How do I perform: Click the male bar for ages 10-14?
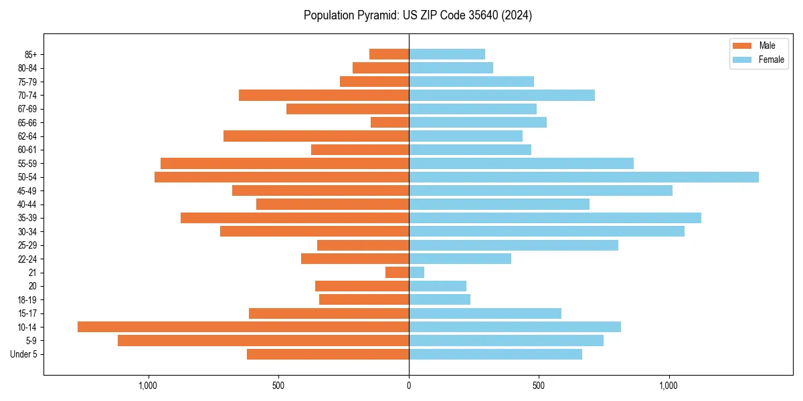click(x=243, y=327)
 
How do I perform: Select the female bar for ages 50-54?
click(x=584, y=177)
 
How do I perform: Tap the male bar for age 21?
click(x=397, y=272)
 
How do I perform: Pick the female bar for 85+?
click(x=447, y=54)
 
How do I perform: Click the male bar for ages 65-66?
click(x=389, y=122)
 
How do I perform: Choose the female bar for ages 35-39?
click(x=555, y=218)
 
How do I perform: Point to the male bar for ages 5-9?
click(x=263, y=340)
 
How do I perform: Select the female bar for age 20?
click(x=438, y=286)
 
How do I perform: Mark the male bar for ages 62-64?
click(x=316, y=136)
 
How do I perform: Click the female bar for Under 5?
click(x=495, y=354)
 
